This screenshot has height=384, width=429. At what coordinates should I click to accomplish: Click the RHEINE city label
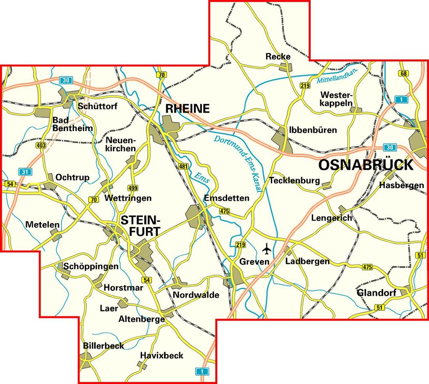point(187,109)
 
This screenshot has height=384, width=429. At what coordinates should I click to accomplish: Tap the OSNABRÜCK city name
point(366,165)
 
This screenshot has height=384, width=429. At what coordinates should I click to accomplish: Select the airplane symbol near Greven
point(267,249)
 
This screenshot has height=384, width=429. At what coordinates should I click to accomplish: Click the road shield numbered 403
point(41,145)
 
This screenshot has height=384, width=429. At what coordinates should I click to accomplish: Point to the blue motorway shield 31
point(24,171)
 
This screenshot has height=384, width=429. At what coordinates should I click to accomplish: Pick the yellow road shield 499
point(133,188)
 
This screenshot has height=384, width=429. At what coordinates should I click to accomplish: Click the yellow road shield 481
point(183,166)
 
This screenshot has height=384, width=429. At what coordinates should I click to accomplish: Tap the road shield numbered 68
point(404,74)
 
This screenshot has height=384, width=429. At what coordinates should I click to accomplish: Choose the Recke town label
point(278,56)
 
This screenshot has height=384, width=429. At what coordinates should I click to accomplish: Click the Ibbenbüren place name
point(313,130)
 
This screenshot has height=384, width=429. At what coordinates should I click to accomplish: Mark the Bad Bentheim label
point(72,124)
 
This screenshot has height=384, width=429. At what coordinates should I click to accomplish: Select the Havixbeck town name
point(162,355)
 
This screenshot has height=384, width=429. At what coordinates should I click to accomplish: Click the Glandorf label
point(376,292)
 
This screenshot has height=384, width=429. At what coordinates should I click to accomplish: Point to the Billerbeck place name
point(103,345)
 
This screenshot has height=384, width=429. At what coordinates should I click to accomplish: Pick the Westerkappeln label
point(336,99)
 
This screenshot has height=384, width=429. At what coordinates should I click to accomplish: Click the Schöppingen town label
point(90,266)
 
